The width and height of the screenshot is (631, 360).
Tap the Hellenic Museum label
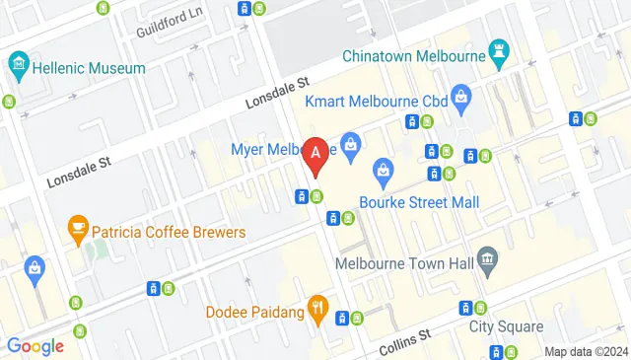(x=90, y=68)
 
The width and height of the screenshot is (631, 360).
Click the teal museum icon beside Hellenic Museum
(x=17, y=67)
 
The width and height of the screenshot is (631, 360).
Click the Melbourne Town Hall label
(x=404, y=264)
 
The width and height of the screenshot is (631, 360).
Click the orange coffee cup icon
(x=77, y=231)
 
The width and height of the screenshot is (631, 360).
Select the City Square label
(x=506, y=326)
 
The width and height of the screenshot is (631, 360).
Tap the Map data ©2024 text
(x=586, y=351)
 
